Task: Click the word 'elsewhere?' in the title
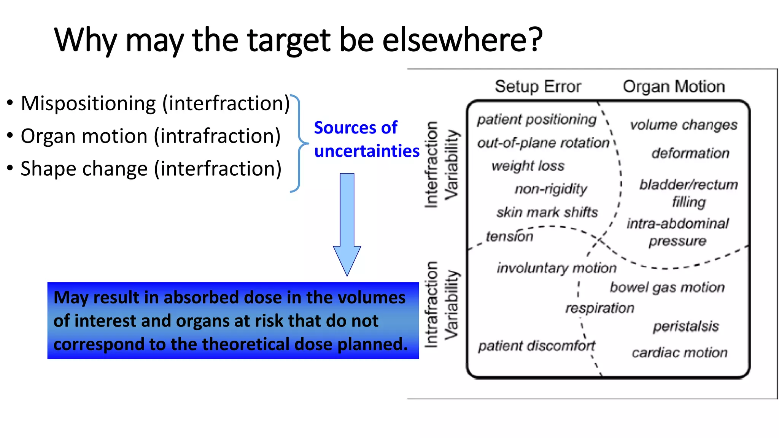(x=462, y=40)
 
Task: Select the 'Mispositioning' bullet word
(x=88, y=103)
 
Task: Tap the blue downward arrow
(x=347, y=224)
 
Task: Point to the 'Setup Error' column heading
(x=538, y=87)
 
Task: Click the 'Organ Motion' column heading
(x=674, y=87)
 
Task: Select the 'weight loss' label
(x=528, y=166)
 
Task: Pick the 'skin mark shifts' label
(x=547, y=212)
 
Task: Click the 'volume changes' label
(x=684, y=125)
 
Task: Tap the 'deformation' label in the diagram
(x=690, y=153)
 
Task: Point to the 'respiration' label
(x=599, y=308)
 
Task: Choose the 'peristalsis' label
(x=686, y=326)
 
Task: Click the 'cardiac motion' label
(x=680, y=353)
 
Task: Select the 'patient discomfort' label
(x=536, y=346)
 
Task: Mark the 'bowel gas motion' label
(x=667, y=287)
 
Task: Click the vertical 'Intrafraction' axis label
(x=431, y=304)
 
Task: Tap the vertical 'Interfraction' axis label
(x=431, y=165)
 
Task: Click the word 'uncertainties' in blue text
(x=367, y=151)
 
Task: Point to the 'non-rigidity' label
(x=551, y=189)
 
